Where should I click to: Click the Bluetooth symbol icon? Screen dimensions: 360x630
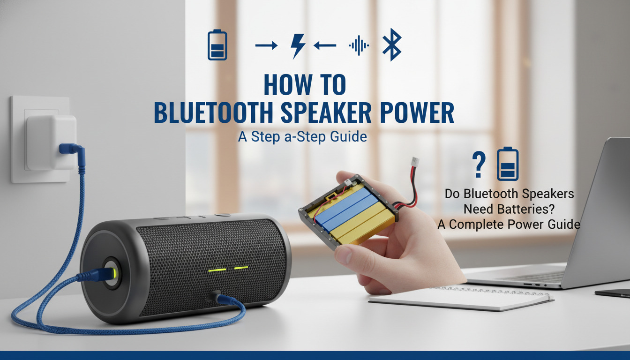click(392, 45)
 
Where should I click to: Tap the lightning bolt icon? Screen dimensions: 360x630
click(298, 45)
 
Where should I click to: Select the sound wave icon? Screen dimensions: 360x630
click(359, 45)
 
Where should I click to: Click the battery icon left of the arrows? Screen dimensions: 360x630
click(217, 45)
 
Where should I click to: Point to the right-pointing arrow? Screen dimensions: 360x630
click(266, 45)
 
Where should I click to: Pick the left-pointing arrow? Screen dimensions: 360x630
click(325, 45)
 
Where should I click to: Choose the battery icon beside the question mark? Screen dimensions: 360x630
click(508, 164)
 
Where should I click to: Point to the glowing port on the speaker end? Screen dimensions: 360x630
click(111, 272)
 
